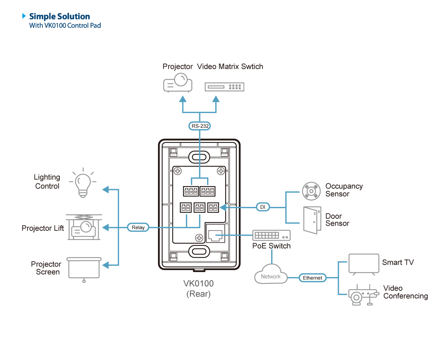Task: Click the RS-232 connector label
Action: point(200,126)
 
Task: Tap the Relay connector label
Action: point(138,227)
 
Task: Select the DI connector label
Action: point(263,207)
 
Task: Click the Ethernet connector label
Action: point(312,278)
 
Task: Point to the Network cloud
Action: point(271,276)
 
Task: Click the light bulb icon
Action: point(82,183)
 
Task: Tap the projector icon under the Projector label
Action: point(178,83)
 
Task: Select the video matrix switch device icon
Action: point(224,87)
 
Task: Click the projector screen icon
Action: point(84,269)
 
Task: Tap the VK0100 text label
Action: point(198,283)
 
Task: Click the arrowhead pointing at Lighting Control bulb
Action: point(105,190)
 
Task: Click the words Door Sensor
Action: point(337,219)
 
